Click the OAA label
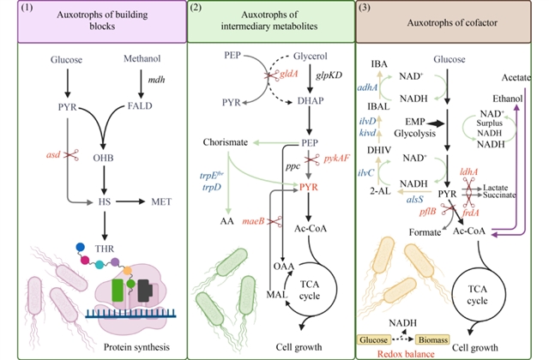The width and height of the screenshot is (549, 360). pos(284,267)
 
